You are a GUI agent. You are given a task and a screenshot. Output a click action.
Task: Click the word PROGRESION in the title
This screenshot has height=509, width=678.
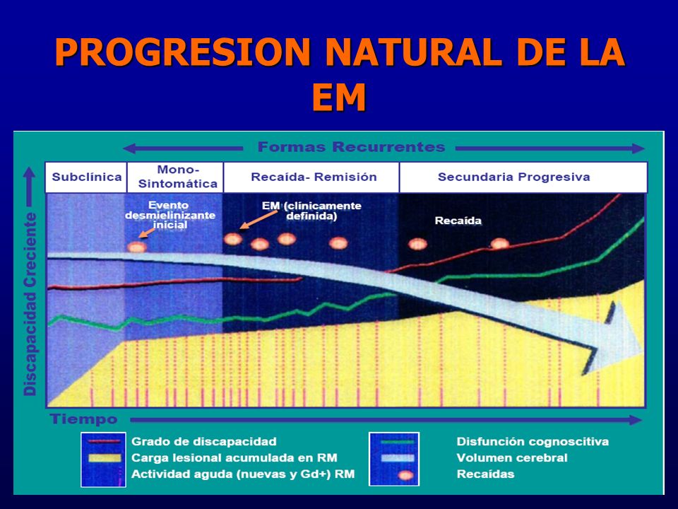pos(182,52)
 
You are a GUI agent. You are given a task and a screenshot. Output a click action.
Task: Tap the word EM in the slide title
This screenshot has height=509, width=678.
pos(339,98)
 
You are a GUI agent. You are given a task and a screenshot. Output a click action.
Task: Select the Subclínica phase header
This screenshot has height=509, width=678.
pos(86,177)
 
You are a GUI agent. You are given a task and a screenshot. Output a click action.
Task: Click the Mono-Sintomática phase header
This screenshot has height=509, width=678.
pos(178,177)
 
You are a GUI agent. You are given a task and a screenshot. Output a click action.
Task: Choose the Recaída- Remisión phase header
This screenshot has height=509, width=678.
pos(314,177)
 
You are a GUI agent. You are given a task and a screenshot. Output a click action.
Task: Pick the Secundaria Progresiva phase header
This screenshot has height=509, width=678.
pos(513,177)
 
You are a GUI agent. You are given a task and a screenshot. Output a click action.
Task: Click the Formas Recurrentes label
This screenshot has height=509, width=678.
pos(351,147)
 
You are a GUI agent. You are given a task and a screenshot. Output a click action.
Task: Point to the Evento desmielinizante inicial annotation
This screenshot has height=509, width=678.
pos(170,215)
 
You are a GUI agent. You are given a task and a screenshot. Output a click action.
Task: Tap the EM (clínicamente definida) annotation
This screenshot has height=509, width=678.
pos(311,211)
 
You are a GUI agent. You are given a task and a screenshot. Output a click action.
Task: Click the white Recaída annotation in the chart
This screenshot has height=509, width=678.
pos(458,221)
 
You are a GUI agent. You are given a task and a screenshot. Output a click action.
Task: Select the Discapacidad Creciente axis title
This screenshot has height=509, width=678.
pos(30,304)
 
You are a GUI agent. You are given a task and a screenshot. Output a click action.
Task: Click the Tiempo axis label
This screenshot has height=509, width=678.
pos(83,419)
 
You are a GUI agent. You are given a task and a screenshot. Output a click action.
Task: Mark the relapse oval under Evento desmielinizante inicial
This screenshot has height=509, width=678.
pos(137,247)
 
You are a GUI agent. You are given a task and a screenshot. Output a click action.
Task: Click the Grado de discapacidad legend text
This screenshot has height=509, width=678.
pos(203,441)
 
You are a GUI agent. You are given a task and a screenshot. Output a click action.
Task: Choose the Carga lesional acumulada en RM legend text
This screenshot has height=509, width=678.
pos(234,458)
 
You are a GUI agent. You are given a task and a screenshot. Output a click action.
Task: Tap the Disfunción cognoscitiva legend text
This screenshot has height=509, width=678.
pos(533,441)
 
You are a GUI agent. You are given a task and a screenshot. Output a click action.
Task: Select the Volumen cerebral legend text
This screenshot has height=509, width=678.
pos(512,458)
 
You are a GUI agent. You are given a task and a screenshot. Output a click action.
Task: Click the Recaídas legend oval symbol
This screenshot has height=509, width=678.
pos(405,475)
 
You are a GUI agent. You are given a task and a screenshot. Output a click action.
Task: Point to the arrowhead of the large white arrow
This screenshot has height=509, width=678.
pos(641,346)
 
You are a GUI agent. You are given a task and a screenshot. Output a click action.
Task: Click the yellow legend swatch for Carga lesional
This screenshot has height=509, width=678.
pos(105,458)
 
